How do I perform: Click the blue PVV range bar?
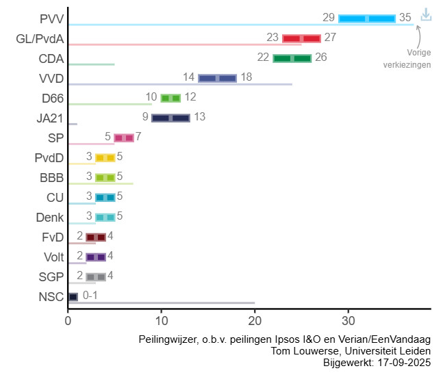367,18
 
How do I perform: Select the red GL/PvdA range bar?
301,38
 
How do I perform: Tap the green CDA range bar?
292,58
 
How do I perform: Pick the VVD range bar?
218,78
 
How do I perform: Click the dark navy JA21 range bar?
170,118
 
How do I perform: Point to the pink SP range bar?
124,138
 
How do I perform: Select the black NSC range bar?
73,296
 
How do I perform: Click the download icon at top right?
426,14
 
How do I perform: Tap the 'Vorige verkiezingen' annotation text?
409,58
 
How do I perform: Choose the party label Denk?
49,218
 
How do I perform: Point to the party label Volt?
53,257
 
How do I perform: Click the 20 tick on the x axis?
255,320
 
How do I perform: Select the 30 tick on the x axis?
349,320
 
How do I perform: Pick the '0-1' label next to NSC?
91,296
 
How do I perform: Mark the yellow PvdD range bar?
105,157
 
